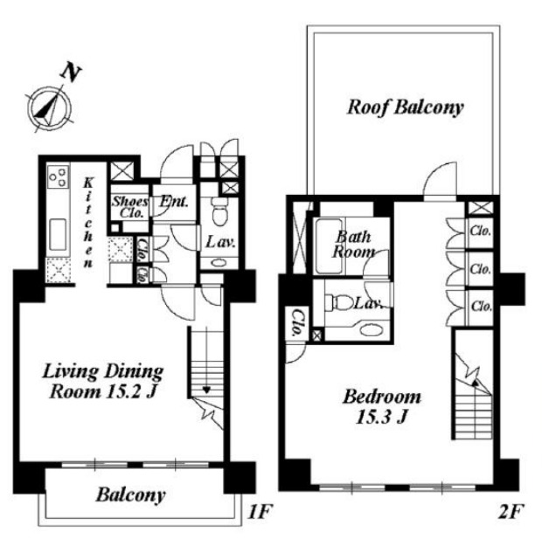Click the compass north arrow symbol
coord(50,107)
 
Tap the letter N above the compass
coord(70,73)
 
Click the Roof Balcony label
coord(405,107)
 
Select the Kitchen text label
coord(88,223)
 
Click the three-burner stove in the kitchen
coord(58,176)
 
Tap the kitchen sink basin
coord(58,235)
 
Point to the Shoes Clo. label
coord(129,207)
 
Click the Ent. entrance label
coord(174,202)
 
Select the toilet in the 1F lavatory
coord(219,211)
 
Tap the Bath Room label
coord(353,245)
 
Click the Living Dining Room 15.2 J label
coord(103,382)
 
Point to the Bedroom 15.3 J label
coord(382,407)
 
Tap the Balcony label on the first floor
coord(130,495)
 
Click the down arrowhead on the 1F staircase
coord(206,390)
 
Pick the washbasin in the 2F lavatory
coord(371,329)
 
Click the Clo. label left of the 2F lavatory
coord(297,324)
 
